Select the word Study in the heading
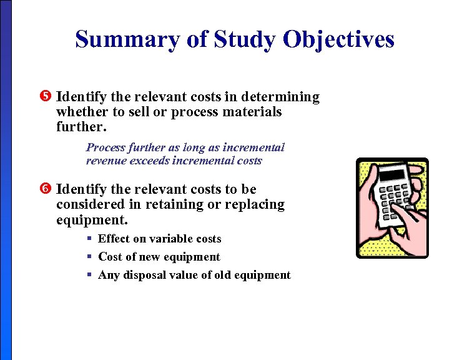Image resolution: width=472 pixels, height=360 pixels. click(x=243, y=39)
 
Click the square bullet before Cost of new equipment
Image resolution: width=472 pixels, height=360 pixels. click(x=90, y=256)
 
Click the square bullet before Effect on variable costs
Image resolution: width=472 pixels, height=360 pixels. click(x=90, y=238)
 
